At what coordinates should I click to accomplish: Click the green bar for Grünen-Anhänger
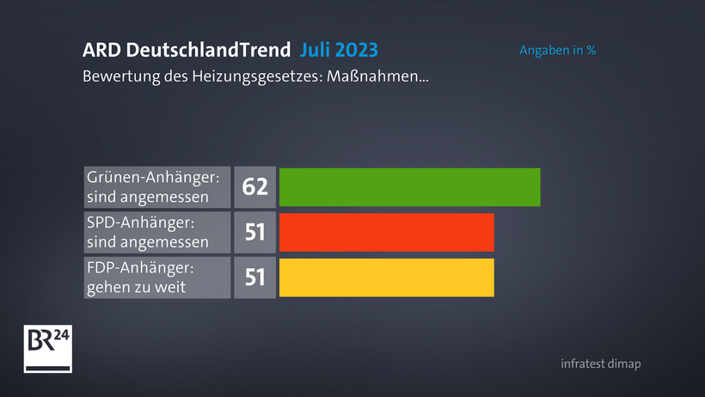tap(409, 186)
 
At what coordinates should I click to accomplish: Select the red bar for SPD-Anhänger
tap(387, 232)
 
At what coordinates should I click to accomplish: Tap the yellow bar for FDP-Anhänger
tap(387, 278)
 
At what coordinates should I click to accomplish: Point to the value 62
tap(254, 186)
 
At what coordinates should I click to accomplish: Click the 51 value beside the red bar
tap(254, 232)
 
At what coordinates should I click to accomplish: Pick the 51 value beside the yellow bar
tap(254, 278)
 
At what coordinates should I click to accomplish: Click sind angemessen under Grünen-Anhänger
tap(148, 197)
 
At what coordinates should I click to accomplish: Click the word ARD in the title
tap(101, 49)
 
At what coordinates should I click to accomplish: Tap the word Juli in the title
tap(317, 49)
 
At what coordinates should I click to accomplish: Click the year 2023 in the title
tap(359, 49)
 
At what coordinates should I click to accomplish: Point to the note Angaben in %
tap(557, 50)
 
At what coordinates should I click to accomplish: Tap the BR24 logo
tap(47, 350)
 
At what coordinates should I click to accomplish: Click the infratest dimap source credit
tap(600, 363)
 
